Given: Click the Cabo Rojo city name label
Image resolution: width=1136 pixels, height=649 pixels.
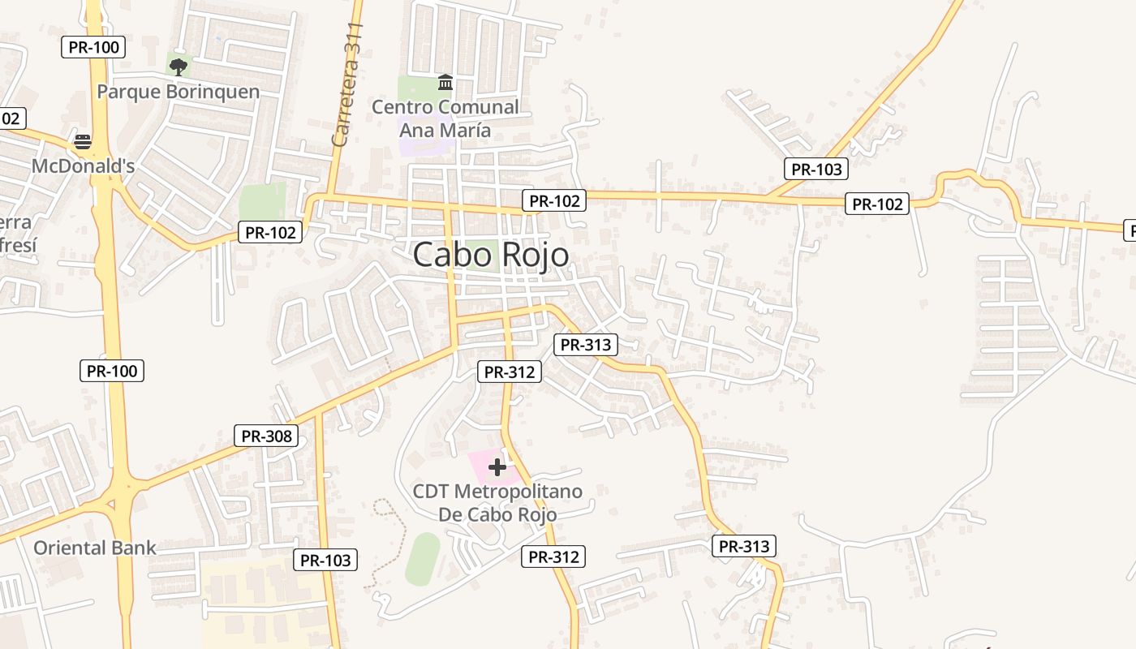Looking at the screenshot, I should click(x=491, y=255).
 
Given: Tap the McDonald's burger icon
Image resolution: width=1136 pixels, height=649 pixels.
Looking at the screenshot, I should click(x=83, y=142).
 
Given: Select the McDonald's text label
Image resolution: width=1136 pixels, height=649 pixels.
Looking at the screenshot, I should click(x=83, y=165).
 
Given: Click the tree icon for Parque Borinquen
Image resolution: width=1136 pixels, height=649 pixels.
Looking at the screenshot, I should click(x=179, y=67).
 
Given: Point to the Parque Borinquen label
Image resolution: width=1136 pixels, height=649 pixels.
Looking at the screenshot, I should click(x=179, y=92).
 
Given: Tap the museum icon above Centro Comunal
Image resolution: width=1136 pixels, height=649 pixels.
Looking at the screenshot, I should click(x=445, y=82).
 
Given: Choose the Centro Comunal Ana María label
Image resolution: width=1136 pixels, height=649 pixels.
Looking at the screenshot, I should click(x=445, y=118).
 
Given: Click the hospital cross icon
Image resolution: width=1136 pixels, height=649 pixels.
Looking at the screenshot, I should click(x=497, y=466).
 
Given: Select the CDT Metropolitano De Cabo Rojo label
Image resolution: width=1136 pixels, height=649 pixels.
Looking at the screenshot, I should click(x=497, y=503).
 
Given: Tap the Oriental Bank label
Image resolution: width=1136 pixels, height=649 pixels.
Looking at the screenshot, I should click(x=95, y=548).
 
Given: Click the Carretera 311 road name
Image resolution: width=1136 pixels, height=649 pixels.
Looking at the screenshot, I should click(x=347, y=85).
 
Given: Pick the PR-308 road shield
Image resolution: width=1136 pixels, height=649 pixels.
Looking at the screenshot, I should click(x=266, y=436).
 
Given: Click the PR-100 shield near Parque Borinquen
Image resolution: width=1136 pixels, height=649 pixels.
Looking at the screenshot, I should click(x=94, y=47).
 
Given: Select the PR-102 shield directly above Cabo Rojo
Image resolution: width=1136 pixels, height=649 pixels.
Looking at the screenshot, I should click(x=554, y=200).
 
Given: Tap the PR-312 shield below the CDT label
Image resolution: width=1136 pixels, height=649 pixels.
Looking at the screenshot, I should click(x=553, y=557).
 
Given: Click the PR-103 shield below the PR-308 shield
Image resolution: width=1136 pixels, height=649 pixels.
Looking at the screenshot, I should click(x=325, y=560).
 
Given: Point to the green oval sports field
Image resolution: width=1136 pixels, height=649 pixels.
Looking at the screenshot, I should click(x=423, y=559).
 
